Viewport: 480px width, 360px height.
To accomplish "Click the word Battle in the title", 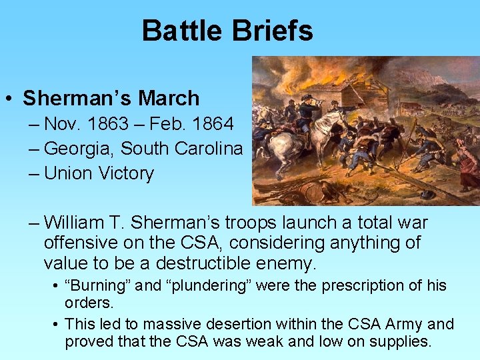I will [180, 31].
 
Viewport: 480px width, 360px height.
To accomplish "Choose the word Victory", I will [126, 173].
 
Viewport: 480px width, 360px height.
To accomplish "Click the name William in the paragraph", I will [78, 223].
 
